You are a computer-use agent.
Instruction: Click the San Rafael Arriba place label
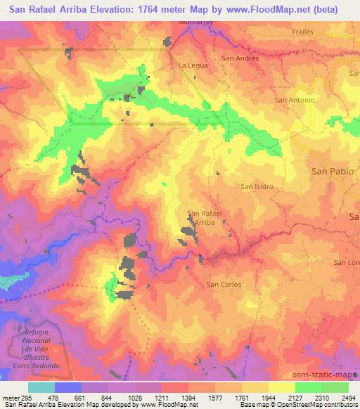point(205,218)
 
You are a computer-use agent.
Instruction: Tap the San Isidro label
point(257,187)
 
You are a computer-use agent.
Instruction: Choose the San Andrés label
point(240,58)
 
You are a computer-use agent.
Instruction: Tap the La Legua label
point(191,65)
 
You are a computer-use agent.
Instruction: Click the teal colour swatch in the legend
point(41,387)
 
